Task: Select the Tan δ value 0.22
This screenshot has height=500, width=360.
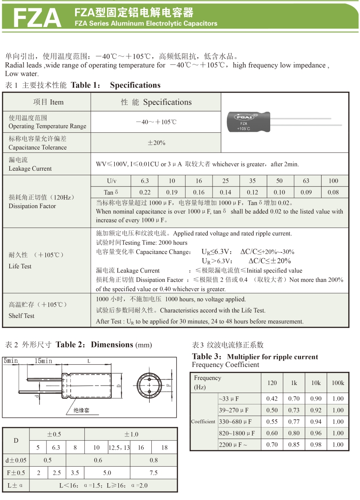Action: point(145,192)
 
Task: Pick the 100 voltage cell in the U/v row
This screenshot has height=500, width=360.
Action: point(333,181)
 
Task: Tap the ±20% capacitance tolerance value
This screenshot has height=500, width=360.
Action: point(156,143)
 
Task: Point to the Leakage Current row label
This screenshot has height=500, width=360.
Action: point(30,164)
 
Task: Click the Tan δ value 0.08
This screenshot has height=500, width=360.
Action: point(333,192)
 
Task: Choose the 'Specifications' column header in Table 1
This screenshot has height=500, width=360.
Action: point(156,102)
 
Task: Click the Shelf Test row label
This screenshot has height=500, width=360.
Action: point(22,316)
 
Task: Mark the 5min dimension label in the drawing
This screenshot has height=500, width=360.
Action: point(11,361)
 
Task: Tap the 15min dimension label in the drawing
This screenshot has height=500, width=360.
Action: point(43,361)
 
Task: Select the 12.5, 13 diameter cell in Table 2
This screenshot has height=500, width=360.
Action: point(119,447)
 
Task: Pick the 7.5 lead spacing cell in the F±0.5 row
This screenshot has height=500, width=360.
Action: point(153,473)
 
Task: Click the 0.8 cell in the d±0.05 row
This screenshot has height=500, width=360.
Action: point(153,460)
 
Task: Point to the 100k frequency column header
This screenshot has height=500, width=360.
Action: point(338,382)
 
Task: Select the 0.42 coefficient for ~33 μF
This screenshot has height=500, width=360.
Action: point(272,398)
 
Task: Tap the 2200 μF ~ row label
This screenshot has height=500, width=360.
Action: point(233,444)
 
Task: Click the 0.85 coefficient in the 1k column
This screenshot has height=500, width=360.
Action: point(294,444)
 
